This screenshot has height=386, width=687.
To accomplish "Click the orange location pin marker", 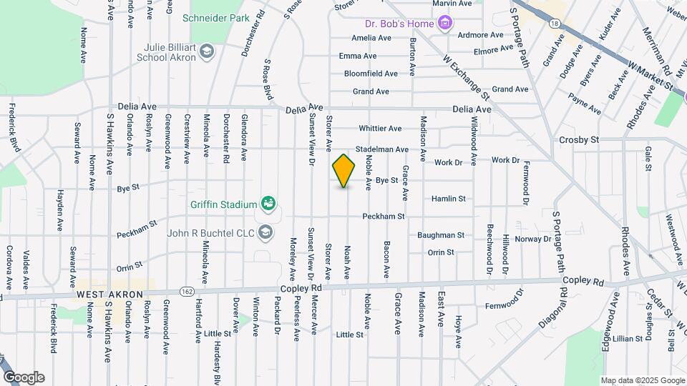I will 344,170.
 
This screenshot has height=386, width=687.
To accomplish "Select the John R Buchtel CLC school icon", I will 265,232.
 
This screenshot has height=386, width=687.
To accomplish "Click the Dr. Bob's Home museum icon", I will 445,23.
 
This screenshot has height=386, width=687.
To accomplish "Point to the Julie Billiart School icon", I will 207,51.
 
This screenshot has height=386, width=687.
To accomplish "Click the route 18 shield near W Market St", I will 555,24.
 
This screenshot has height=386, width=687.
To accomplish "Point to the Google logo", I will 24,377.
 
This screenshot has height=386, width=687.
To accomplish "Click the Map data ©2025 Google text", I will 643,380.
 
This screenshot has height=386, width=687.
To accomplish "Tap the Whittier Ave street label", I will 380,129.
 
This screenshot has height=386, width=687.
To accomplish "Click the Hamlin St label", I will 449,198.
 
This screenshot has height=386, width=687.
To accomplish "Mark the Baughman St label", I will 441,234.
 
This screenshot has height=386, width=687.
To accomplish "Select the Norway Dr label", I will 533,239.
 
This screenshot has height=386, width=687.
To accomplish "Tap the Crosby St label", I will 579,140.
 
